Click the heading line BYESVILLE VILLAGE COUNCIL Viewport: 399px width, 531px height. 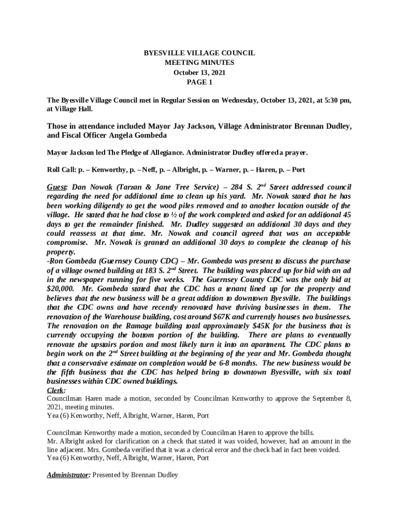(199, 53)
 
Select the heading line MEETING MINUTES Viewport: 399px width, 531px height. (199, 63)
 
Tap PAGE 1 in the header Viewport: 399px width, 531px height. (199, 82)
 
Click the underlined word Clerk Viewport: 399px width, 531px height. (55, 390)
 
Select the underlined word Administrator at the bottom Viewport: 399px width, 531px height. (68, 475)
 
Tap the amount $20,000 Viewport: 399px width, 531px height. (60, 288)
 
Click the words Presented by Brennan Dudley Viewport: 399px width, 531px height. (136, 475)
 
